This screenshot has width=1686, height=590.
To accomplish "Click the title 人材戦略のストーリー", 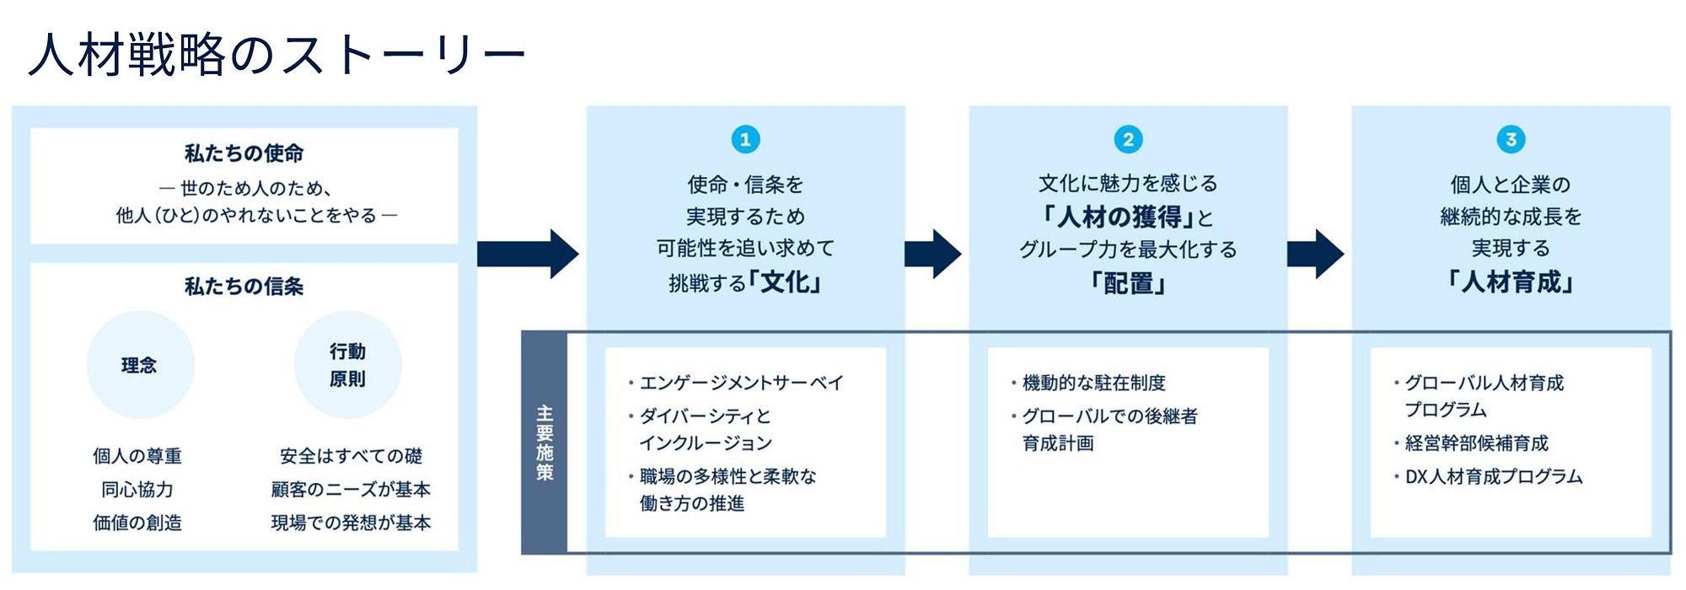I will (277, 55).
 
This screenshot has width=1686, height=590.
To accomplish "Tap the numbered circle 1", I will (745, 139).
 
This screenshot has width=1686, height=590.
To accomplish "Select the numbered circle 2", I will (1128, 139).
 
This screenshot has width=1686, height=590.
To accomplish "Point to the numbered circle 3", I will (1511, 139).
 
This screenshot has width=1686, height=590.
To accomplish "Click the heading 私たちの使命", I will (244, 153).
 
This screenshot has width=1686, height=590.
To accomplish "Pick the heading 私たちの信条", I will (244, 287).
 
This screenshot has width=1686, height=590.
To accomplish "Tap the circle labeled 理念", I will (140, 365).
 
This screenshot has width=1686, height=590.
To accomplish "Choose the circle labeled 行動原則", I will (347, 365).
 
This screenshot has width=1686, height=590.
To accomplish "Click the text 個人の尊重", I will (137, 456).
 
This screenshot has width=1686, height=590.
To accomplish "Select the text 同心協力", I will (137, 490).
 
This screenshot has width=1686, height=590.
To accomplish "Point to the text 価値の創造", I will (137, 523).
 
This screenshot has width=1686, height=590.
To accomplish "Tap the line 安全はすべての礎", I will (351, 456).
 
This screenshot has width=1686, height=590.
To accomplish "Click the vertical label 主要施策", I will (545, 442).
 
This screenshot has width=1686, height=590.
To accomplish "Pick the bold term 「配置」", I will (1128, 283).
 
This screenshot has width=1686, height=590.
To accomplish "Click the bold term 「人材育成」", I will (1511, 282).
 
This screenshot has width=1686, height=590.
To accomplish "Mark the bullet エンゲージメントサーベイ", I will (741, 383).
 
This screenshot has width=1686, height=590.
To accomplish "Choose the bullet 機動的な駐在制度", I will (1093, 383).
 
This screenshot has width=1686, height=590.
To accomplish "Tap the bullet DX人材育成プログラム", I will (1493, 476).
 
